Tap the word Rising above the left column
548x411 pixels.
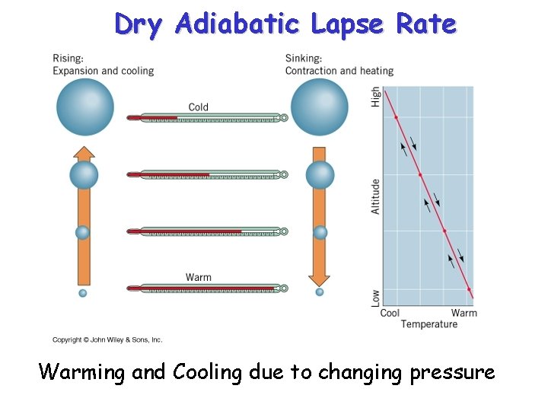(x=68, y=59)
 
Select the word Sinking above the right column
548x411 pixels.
(x=303, y=59)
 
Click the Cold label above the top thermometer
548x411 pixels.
(x=198, y=107)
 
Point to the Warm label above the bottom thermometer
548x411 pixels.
(x=198, y=277)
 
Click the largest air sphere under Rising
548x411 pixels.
(x=84, y=107)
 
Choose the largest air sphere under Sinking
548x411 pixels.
(x=320, y=107)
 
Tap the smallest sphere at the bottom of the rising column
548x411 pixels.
(x=83, y=293)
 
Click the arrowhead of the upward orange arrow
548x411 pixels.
(x=84, y=153)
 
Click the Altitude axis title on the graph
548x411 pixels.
(x=376, y=196)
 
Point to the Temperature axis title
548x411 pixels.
(x=429, y=324)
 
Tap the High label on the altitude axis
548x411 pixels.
(x=376, y=97)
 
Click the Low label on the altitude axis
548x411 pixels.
(x=376, y=297)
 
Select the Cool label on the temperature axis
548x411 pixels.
(x=390, y=313)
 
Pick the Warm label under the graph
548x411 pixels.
(x=464, y=313)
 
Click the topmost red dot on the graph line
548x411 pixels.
(x=396, y=117)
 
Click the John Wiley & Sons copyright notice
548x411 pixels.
(x=107, y=340)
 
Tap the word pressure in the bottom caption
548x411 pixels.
(x=452, y=373)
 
